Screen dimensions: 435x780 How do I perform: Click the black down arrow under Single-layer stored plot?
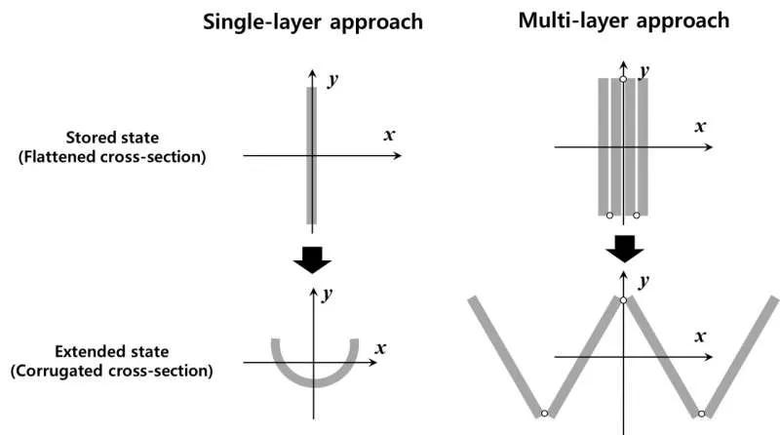point(312,258)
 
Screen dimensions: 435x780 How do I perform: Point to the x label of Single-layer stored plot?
point(389,135)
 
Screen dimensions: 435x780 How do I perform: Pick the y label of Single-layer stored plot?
point(332,80)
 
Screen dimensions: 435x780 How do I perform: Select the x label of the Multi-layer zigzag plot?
point(699,336)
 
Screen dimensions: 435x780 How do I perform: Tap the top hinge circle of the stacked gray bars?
point(623,77)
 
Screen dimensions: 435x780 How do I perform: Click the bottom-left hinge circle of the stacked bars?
point(609,215)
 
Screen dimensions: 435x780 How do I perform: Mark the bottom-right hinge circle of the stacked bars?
point(637,215)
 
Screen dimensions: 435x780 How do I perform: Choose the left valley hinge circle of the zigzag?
point(545,414)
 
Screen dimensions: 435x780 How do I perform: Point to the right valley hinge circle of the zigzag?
point(700,414)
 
